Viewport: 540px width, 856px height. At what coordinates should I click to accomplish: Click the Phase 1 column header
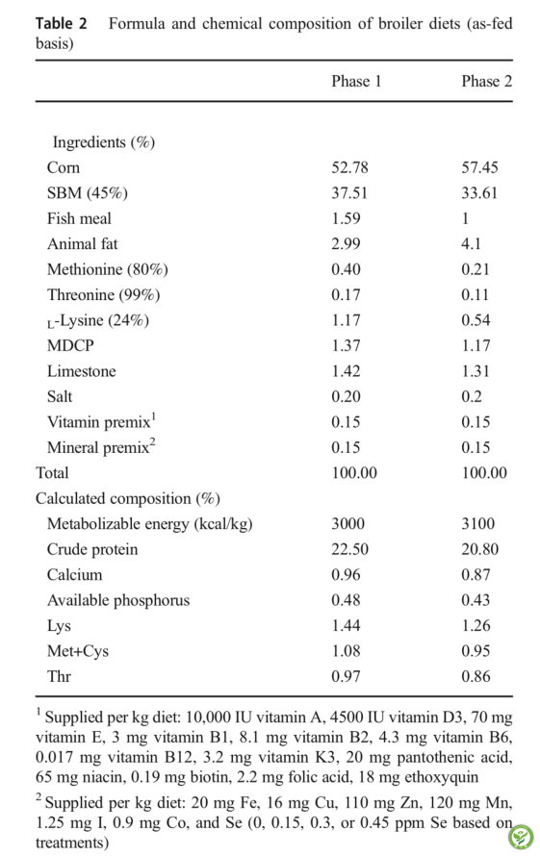click(356, 82)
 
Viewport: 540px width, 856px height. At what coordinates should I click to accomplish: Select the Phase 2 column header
click(486, 82)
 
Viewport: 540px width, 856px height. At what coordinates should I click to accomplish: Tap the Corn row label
click(64, 167)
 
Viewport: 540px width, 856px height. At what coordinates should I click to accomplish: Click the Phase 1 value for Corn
click(349, 167)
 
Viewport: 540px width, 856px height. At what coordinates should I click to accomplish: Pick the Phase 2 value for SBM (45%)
click(479, 193)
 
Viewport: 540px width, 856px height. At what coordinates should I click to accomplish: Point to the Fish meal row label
click(79, 218)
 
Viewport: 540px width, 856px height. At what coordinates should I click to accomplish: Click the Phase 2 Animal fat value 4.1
click(471, 244)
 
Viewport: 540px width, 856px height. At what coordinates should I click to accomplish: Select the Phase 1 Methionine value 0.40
click(346, 269)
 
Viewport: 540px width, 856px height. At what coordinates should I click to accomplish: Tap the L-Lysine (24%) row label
click(98, 320)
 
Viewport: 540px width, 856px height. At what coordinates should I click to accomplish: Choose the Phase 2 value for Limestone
click(476, 371)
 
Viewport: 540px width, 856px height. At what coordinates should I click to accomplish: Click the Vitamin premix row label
click(102, 421)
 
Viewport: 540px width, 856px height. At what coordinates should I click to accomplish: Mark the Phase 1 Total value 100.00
click(354, 473)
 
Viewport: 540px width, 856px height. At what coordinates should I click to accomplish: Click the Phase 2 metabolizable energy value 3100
click(478, 524)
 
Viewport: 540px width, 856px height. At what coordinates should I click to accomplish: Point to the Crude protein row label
click(92, 549)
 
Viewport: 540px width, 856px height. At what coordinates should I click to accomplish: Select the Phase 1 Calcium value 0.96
click(346, 575)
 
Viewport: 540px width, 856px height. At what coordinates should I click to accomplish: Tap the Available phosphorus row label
click(118, 600)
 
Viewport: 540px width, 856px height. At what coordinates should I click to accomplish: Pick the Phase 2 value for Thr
click(476, 677)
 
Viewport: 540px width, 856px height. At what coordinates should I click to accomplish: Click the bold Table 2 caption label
click(62, 24)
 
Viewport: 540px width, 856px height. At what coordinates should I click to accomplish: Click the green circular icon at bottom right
click(521, 837)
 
